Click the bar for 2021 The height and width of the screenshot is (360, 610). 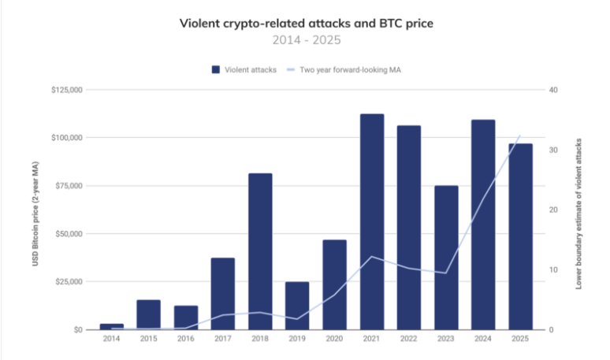pos(372,221)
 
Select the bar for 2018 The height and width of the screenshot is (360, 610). pos(260,251)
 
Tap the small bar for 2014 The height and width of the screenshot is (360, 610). pos(111,326)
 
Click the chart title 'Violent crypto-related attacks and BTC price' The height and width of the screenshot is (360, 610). pos(305,23)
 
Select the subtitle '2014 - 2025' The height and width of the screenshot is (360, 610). pos(305,39)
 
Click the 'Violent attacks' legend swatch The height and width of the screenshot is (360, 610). pos(216,70)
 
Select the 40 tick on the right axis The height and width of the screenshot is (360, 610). pos(553,91)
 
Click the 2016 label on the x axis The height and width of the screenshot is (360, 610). pos(185,339)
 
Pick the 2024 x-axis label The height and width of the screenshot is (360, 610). pos(483,339)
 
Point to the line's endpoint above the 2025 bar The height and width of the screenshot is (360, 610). pos(520,135)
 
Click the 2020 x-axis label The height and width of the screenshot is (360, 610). pos(334,339)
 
